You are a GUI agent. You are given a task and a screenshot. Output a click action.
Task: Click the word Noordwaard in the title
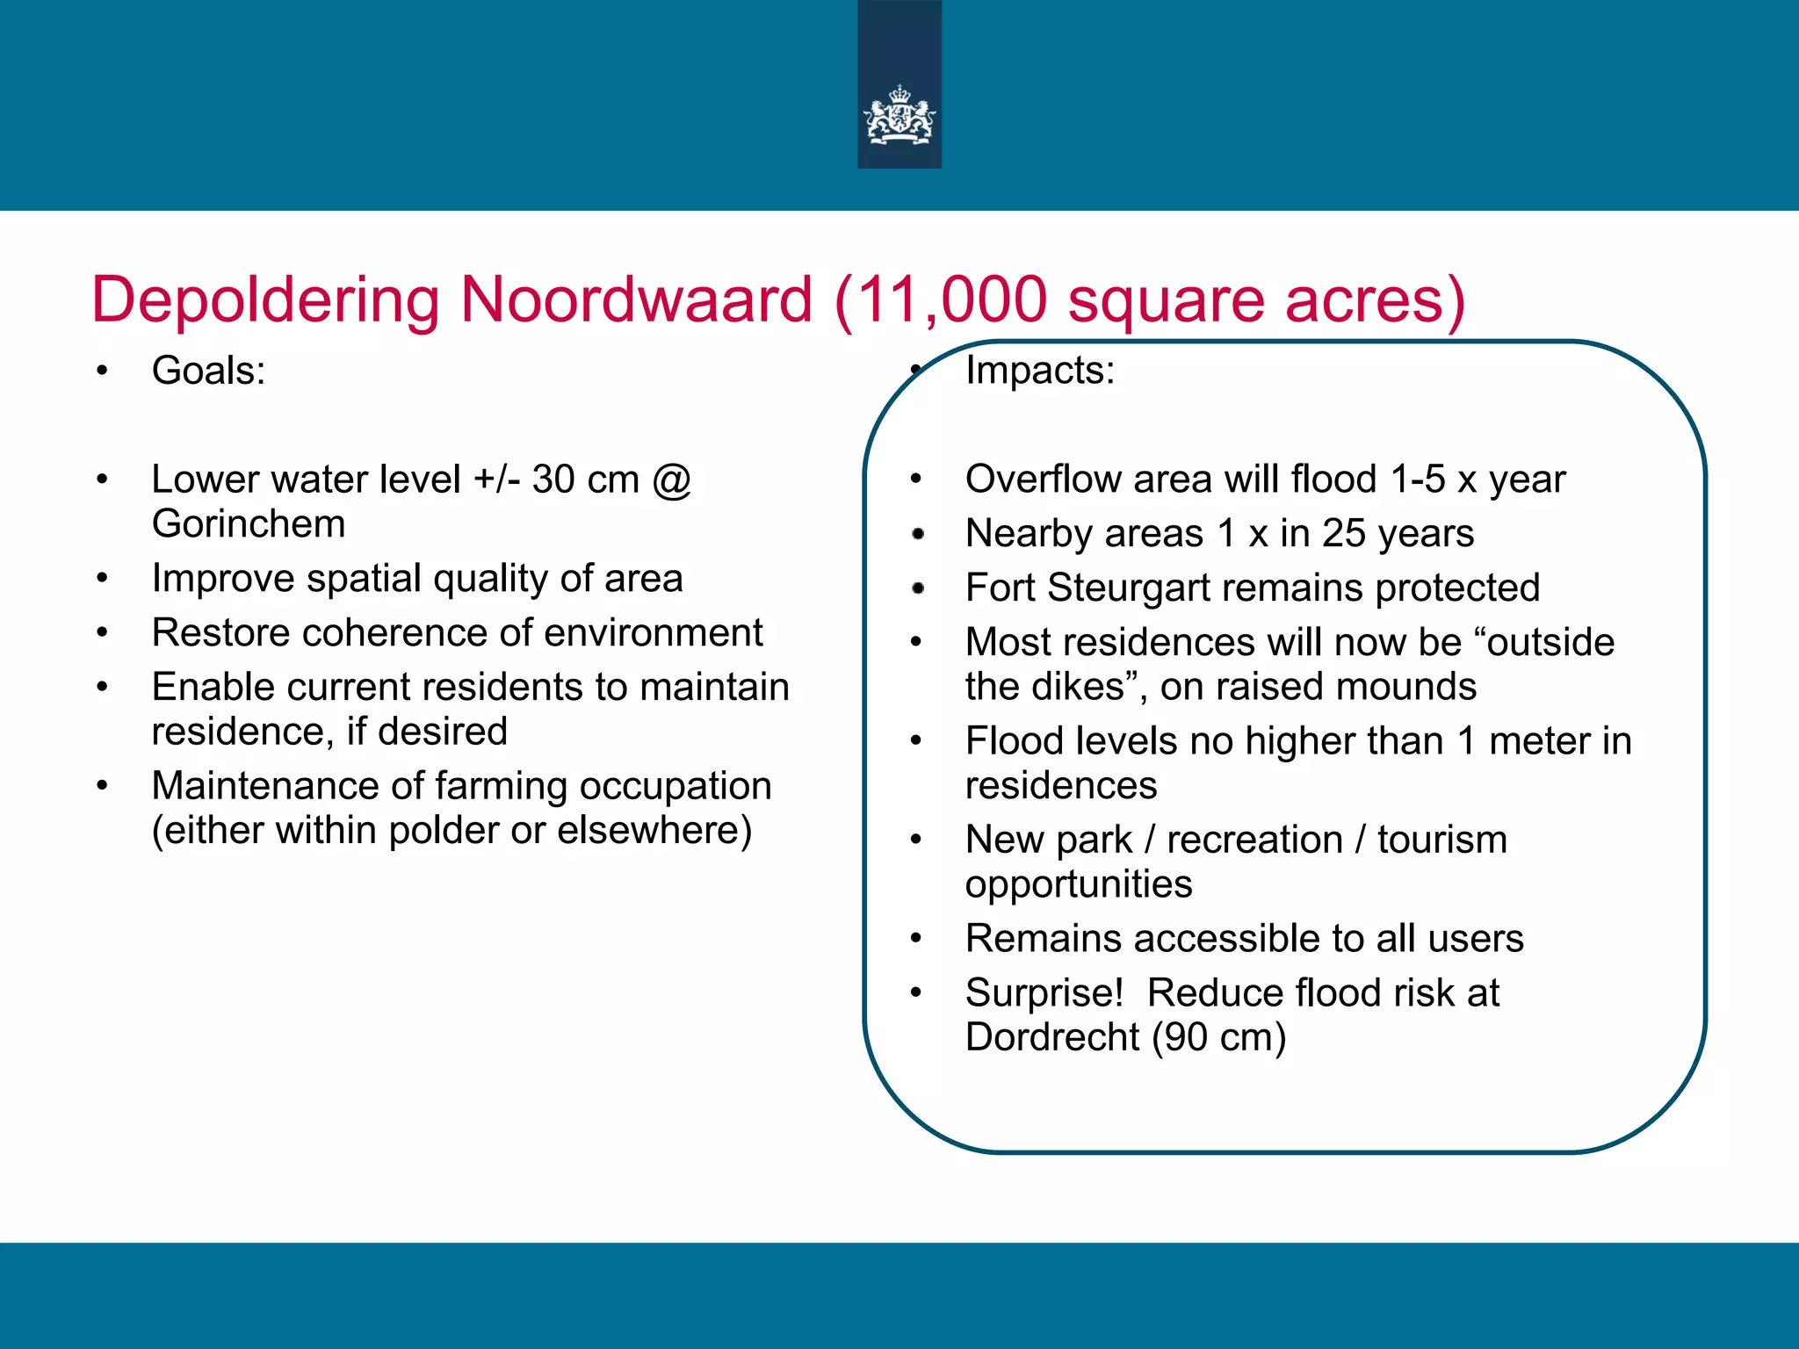[636, 300]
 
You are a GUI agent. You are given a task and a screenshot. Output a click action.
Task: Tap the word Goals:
[208, 371]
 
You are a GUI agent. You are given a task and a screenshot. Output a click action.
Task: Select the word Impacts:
[1040, 371]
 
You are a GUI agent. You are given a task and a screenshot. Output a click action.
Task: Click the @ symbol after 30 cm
[672, 480]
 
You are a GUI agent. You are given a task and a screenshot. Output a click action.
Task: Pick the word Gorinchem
[249, 524]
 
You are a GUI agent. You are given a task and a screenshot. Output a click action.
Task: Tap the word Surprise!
[1044, 993]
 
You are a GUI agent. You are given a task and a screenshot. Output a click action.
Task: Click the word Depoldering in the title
[265, 300]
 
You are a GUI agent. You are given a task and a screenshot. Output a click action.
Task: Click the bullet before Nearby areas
[918, 534]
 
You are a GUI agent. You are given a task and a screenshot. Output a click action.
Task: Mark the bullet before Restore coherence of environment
[103, 633]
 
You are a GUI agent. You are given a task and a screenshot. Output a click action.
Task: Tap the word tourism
[1441, 840]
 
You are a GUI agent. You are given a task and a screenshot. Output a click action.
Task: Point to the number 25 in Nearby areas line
[1343, 534]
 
